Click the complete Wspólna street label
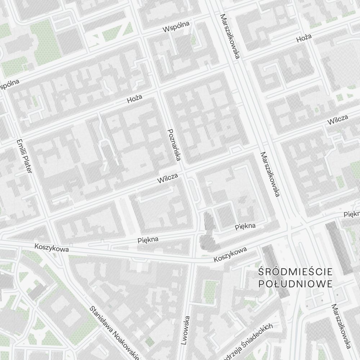click(x=176, y=27)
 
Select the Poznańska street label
click(x=175, y=145)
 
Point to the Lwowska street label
click(x=185, y=330)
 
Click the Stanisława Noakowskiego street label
click(x=114, y=333)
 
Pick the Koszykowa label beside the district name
click(x=230, y=255)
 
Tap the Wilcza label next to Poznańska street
click(x=168, y=178)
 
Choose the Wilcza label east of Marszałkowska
click(x=337, y=120)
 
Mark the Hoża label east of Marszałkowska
click(x=304, y=38)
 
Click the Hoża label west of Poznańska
click(x=135, y=99)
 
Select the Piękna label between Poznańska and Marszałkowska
click(x=245, y=226)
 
